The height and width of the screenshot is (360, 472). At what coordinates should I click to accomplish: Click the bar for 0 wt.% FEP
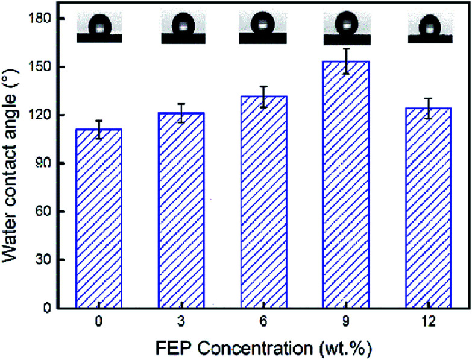[98, 218]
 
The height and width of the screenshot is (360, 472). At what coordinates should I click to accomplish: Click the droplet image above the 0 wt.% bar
[99, 29]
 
